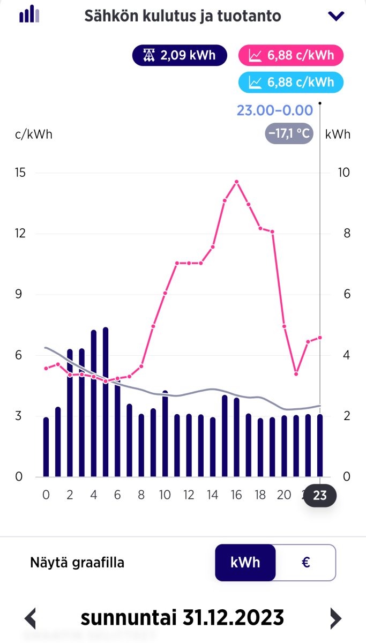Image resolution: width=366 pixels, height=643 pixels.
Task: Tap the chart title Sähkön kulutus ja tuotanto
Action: [x=183, y=16]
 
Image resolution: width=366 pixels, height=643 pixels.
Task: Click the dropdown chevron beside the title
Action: [x=336, y=16]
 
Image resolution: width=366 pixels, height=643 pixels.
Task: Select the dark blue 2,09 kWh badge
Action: [x=180, y=55]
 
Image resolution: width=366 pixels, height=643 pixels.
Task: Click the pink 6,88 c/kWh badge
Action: [x=292, y=55]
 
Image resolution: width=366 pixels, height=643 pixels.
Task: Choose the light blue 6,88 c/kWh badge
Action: [x=292, y=82]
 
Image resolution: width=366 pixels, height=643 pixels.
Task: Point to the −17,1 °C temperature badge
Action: [x=289, y=133]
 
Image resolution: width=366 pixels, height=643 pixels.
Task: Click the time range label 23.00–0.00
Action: [x=275, y=110]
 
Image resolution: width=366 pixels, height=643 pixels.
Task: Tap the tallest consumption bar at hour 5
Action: [x=106, y=402]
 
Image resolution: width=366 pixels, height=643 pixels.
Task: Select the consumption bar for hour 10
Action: [x=165, y=434]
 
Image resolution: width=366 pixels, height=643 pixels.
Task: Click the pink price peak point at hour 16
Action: [x=236, y=182]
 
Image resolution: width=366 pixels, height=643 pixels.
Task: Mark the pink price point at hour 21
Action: [x=296, y=373]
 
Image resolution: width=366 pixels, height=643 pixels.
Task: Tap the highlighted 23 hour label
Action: [x=319, y=496]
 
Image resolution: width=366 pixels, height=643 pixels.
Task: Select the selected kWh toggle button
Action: [x=245, y=563]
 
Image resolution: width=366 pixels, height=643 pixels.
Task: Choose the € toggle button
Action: [x=306, y=563]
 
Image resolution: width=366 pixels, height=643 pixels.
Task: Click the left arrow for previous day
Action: [x=31, y=618]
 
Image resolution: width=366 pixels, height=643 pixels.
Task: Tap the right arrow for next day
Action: [x=335, y=618]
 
